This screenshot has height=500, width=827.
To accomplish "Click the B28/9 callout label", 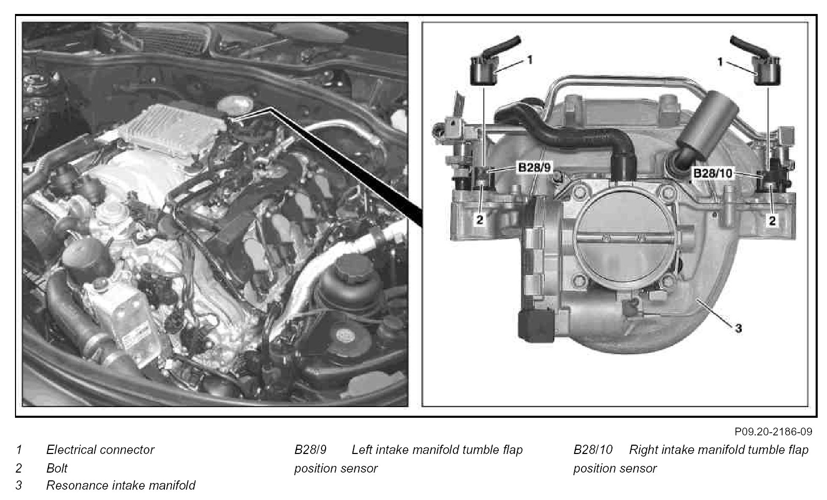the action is pyautogui.click(x=534, y=168).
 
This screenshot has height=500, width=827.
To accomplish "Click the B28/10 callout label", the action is pyautogui.click(x=713, y=173).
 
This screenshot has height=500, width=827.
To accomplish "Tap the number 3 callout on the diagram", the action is pyautogui.click(x=739, y=328).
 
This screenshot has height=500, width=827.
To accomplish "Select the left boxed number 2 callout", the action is pyautogui.click(x=480, y=220).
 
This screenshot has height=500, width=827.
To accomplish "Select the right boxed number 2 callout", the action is pyautogui.click(x=772, y=221).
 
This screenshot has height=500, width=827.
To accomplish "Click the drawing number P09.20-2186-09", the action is pyautogui.click(x=773, y=431).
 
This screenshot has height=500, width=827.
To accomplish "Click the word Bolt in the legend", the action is pyautogui.click(x=57, y=468).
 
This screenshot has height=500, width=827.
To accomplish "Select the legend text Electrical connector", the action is pyautogui.click(x=100, y=449).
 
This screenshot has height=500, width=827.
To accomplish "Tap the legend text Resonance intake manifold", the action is pyautogui.click(x=121, y=485).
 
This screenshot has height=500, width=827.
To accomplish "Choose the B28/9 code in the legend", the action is pyautogui.click(x=311, y=449).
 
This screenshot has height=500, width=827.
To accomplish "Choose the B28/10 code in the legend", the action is pyautogui.click(x=593, y=449).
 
